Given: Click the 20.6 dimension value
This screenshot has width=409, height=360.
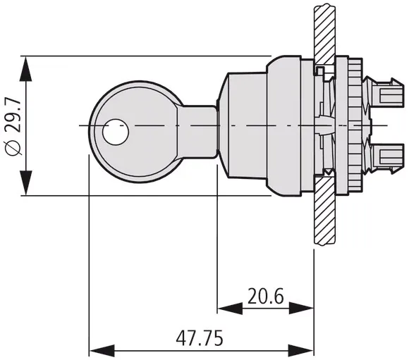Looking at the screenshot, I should click(x=265, y=297).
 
